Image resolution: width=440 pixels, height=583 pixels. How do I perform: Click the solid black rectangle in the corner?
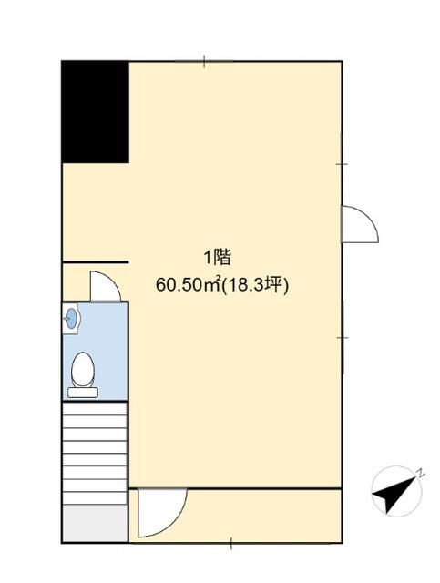pyautogui.click(x=95, y=112)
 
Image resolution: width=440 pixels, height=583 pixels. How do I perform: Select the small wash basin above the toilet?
pyautogui.click(x=73, y=318)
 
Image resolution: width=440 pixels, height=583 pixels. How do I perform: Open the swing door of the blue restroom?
pyautogui.click(x=105, y=287)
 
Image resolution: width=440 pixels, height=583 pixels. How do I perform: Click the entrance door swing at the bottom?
pyautogui.click(x=160, y=513)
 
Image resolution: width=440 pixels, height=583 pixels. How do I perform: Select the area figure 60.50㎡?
pyautogui.click(x=188, y=285)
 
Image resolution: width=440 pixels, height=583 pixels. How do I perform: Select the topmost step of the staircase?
pyautogui.click(x=95, y=409)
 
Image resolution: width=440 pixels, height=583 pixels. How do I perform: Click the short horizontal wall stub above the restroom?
pyautogui.click(x=95, y=262)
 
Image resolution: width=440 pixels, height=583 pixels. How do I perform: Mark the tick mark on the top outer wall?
pyautogui.click(x=204, y=61)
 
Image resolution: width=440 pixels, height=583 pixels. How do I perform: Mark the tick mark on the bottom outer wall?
pyautogui.click(x=230, y=545)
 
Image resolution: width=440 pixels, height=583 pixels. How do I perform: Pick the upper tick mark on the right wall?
pyautogui.click(x=342, y=164)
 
